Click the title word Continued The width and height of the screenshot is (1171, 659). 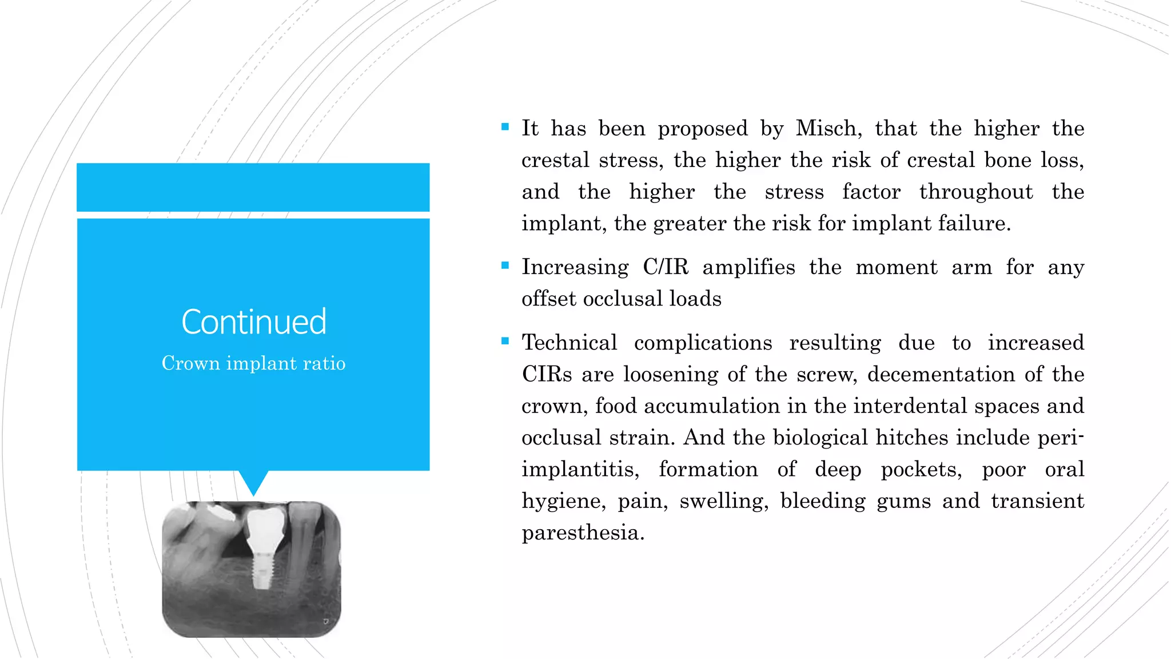click(254, 321)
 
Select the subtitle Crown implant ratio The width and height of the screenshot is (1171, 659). click(253, 363)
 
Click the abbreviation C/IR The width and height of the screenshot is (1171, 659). click(666, 267)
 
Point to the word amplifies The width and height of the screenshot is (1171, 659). click(748, 267)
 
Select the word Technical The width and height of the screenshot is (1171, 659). click(569, 343)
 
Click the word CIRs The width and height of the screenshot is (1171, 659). click(547, 374)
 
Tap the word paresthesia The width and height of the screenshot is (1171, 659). click(582, 533)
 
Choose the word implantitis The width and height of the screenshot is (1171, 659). click(580, 469)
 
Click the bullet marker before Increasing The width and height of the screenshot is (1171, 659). click(505, 265)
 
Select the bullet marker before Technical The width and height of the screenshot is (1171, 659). click(505, 341)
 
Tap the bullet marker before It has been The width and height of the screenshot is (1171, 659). click(505, 127)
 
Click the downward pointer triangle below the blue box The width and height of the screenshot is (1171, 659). click(253, 482)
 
